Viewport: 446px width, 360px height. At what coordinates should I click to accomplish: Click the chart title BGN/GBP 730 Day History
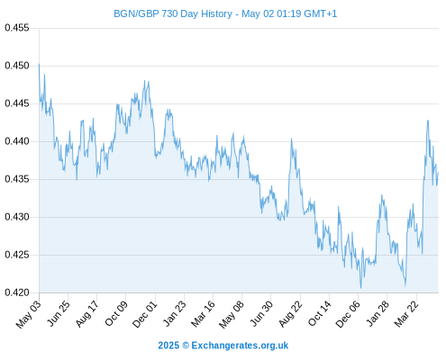point(173,13)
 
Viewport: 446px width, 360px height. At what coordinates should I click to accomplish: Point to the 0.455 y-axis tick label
point(17,28)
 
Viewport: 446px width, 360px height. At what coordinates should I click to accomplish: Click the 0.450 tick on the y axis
point(17,66)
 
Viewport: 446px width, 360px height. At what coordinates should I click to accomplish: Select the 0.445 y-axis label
point(17,103)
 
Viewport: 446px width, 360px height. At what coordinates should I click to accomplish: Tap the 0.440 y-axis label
point(17,141)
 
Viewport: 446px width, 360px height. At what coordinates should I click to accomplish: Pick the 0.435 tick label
point(17,179)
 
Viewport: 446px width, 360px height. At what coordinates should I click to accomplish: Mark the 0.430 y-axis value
point(17,217)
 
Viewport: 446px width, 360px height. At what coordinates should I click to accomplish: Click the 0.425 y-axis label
point(17,255)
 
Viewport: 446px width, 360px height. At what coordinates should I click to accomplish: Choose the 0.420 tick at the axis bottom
point(17,292)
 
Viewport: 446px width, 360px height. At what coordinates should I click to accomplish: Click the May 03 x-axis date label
point(29,314)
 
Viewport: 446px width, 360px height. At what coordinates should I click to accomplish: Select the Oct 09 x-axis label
point(116,313)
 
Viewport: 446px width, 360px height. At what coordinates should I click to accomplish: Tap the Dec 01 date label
point(145,314)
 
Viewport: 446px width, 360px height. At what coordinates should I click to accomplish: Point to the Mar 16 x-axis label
point(204,313)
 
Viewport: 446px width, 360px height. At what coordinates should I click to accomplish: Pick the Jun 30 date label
point(262,313)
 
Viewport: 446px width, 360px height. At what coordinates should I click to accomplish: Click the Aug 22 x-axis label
point(290,314)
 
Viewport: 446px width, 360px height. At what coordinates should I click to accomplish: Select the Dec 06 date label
point(348,314)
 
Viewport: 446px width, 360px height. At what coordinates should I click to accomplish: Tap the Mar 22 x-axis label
point(406,314)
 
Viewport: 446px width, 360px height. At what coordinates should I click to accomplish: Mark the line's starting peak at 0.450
point(39,64)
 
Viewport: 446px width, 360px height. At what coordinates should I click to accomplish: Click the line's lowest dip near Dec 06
point(360,288)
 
